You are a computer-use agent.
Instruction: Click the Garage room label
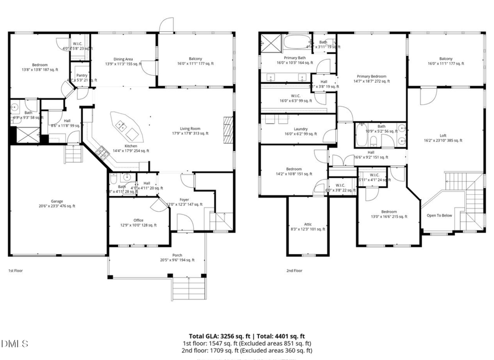[x=57, y=201]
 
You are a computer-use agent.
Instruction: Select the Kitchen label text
[x=123, y=147]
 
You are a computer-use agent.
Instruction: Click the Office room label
[x=138, y=221]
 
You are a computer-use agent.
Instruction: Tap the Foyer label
[x=184, y=200]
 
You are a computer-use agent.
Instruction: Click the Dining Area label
[x=123, y=59]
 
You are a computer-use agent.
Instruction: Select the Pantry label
[x=82, y=76]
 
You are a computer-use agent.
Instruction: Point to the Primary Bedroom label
[x=371, y=77]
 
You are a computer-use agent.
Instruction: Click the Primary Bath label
[x=295, y=58]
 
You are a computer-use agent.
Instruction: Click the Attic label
[x=308, y=224]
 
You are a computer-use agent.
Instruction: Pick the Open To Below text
[x=439, y=215]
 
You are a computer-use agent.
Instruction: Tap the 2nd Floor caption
[x=294, y=271]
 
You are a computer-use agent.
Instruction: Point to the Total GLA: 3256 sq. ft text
[x=217, y=336]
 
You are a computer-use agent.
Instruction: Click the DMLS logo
[x=15, y=344]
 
